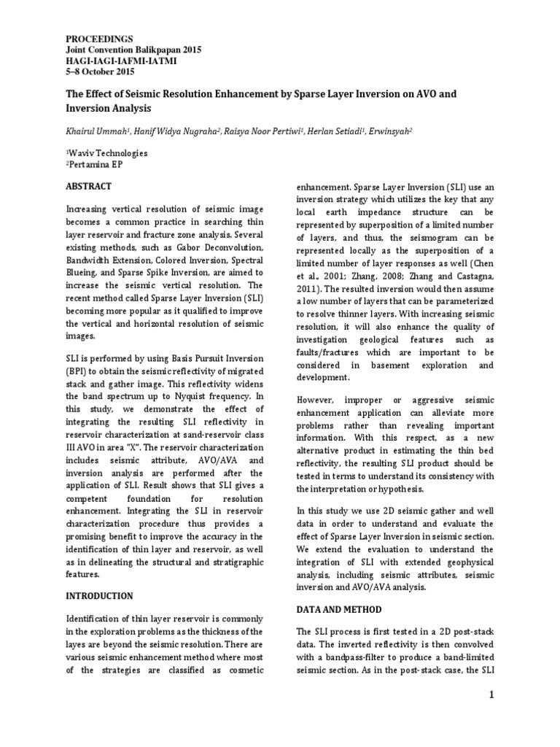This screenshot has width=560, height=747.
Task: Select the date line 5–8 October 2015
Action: [100, 71]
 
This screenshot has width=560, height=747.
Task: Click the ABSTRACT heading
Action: [88, 186]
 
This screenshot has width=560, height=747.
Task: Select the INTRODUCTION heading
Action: [99, 596]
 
